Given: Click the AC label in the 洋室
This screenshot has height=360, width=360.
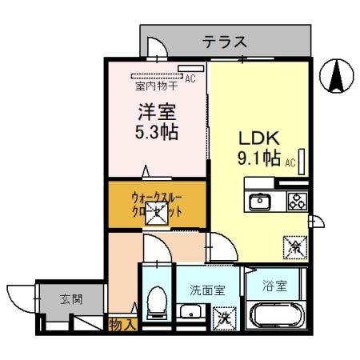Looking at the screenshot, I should pyautogui.click(x=190, y=78).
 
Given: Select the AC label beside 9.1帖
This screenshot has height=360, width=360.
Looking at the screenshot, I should pyautogui.click(x=291, y=162).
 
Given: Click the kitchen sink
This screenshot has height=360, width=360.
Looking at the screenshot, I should pyautogui.click(x=259, y=202).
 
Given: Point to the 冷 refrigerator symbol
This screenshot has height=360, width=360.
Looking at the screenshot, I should pyautogui.click(x=294, y=247).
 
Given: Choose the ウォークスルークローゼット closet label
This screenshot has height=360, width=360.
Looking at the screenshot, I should pyautogui.click(x=157, y=206).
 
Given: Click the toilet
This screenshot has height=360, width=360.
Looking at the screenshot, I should pyautogui.click(x=158, y=303).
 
